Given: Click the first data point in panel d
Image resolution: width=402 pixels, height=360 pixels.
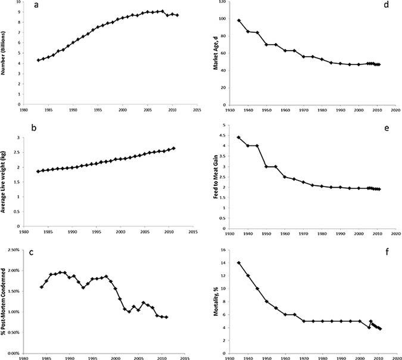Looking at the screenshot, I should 239,21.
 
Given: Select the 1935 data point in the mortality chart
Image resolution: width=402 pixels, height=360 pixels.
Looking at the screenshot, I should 239,263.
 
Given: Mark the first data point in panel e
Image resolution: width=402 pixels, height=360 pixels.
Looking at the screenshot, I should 239,138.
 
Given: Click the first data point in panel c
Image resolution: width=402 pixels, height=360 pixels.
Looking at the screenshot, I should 42,287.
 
